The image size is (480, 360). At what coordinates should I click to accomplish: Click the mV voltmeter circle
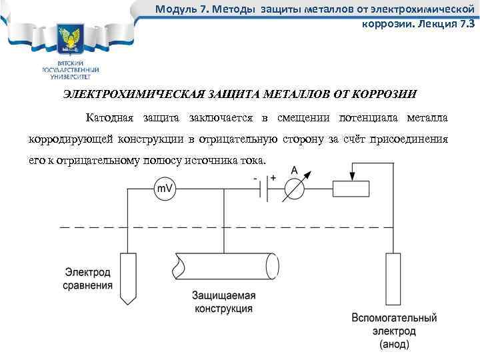[x=164, y=189]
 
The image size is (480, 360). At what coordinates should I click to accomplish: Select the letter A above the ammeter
[x=294, y=171]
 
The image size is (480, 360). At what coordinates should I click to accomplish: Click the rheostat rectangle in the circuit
[x=351, y=189]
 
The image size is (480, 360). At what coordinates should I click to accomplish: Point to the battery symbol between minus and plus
[x=263, y=189]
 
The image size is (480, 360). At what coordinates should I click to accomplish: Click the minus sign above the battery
[x=256, y=178]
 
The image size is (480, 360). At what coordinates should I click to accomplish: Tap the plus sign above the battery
[x=273, y=178]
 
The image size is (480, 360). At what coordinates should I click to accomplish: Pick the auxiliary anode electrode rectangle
[x=393, y=280]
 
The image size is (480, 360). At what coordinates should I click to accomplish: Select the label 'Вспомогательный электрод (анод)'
[x=395, y=331]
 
